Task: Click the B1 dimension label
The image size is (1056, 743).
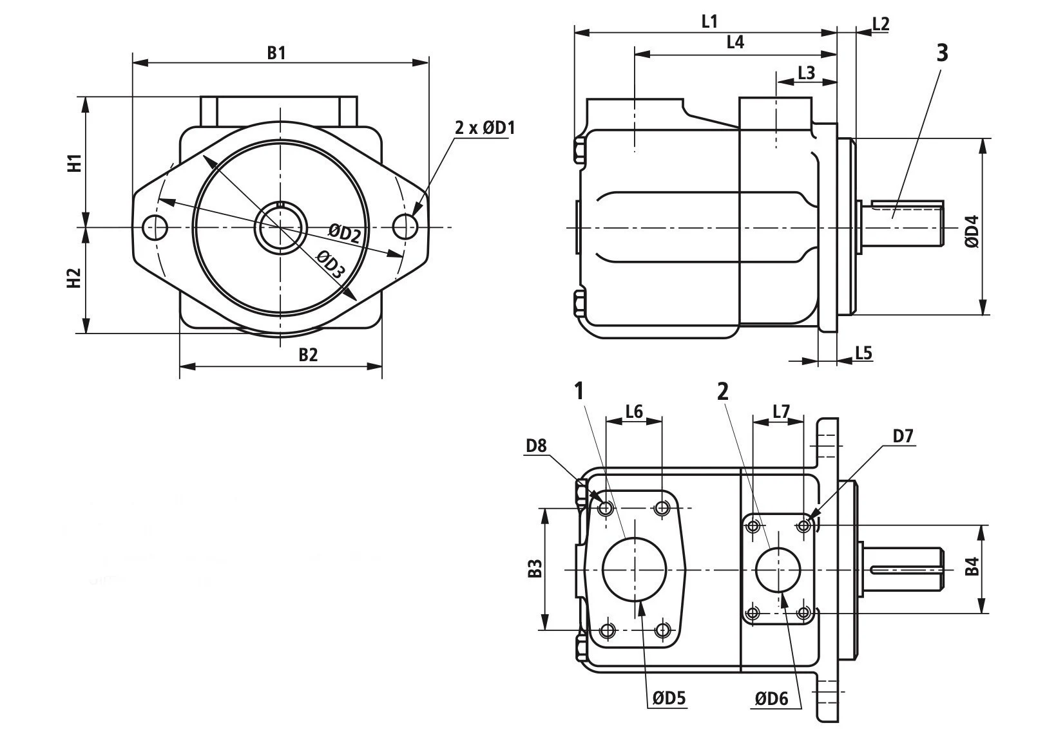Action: (x=276, y=52)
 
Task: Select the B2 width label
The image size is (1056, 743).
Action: (x=308, y=354)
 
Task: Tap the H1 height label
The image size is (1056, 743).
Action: (x=75, y=163)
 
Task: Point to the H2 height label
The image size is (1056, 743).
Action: (x=75, y=278)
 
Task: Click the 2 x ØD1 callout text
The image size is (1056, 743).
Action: (x=485, y=127)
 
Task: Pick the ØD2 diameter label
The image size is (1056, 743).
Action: (x=344, y=232)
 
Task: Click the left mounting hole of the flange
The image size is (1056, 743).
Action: (x=155, y=227)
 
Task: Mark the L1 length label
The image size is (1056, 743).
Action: (x=709, y=21)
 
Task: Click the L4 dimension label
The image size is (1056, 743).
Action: (x=735, y=42)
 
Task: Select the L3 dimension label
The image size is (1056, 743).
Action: (x=806, y=73)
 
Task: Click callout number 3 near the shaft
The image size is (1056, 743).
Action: (x=942, y=53)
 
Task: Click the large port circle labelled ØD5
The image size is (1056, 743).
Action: (x=634, y=569)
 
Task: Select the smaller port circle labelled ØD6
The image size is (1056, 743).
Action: (x=778, y=570)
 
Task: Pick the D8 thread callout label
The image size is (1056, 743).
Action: (x=536, y=445)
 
